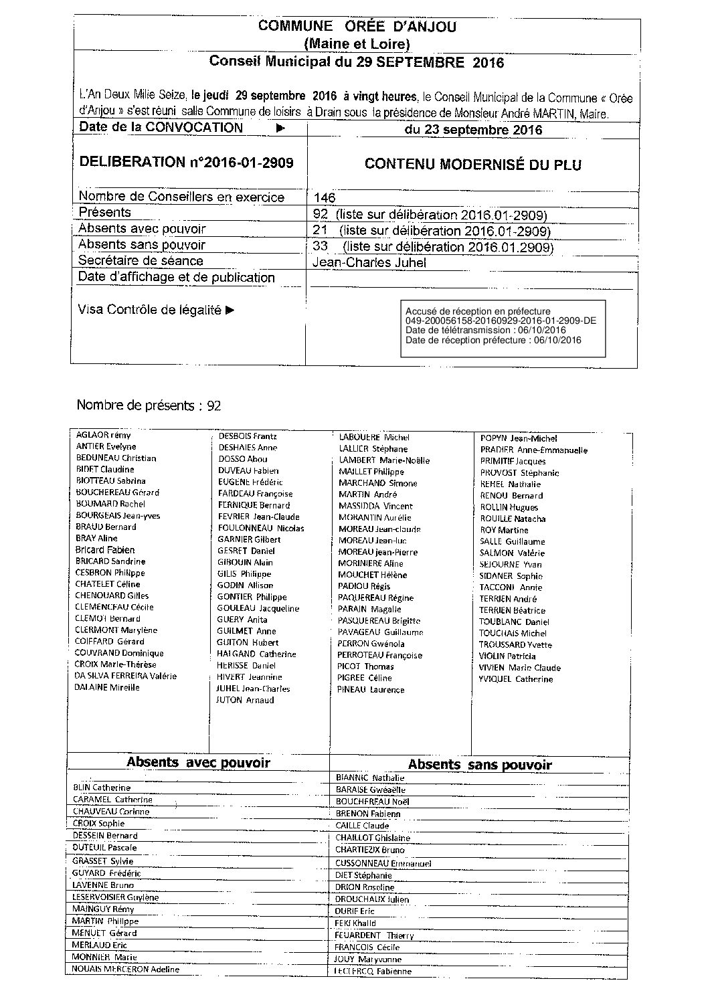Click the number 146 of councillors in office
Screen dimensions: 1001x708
coord(325,198)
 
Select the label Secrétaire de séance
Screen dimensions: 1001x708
coord(141,261)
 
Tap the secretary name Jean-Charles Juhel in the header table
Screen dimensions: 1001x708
coord(369,263)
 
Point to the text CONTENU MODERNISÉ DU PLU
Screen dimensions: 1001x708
coord(472,165)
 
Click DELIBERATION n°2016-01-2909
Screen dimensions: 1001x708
coord(186,162)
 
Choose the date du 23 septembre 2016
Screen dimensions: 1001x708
coord(473,130)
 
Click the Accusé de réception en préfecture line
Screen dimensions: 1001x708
coord(478,311)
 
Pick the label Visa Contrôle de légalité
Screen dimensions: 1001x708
coord(156,310)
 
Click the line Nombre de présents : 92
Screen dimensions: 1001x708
coord(149,405)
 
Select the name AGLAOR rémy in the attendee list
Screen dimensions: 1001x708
coord(104,435)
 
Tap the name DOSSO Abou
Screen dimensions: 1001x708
coord(243,459)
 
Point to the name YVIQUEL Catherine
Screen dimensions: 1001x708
coord(516,679)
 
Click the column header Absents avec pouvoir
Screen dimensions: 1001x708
coord(198,762)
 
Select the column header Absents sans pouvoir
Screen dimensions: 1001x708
coord(480,765)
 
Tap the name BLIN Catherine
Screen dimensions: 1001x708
coord(102,788)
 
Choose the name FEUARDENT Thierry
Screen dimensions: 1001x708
coord(374,935)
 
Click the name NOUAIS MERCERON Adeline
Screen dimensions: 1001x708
coord(126,969)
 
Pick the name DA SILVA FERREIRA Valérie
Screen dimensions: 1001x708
coord(126,676)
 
